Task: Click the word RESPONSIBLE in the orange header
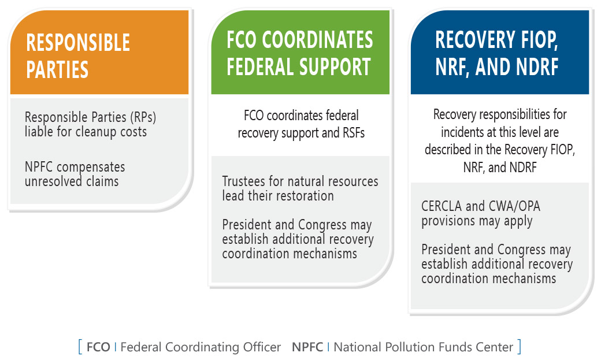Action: coord(78,43)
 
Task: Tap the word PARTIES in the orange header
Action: coord(57,69)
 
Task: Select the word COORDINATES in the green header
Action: coord(317,40)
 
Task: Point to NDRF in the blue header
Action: coord(537,66)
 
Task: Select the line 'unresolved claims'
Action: coord(72,181)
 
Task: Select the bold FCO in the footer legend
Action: coord(98,347)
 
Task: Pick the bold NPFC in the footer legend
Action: coord(307,347)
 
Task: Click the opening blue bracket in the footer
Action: coord(80,347)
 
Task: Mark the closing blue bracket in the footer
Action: coord(519,347)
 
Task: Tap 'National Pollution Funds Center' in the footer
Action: coord(424,347)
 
